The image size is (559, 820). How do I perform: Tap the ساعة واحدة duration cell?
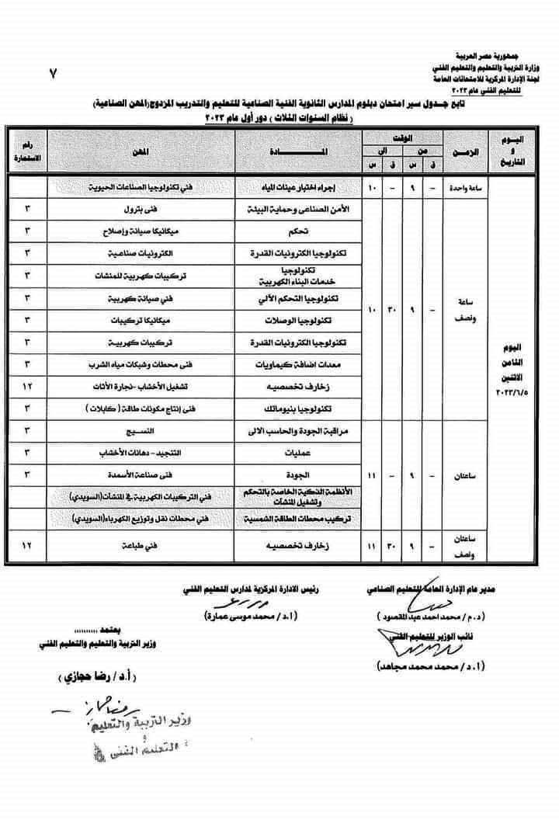tap(464, 187)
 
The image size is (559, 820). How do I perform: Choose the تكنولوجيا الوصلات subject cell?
tap(318, 320)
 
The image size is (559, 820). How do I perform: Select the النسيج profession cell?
tap(166, 429)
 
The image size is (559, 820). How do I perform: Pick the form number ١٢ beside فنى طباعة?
tap(28, 547)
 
